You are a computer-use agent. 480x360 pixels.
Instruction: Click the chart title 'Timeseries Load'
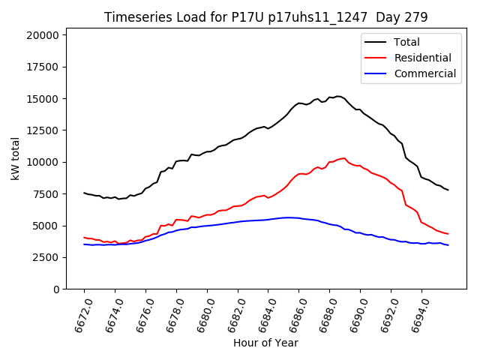150,17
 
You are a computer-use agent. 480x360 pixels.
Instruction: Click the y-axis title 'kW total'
15,159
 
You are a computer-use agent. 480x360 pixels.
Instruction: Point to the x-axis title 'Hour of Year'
265,343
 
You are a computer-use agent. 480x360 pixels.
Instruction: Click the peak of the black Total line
338,96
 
